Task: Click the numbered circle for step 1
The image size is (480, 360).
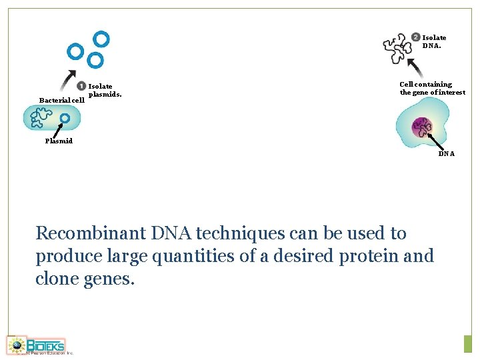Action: coord(81,86)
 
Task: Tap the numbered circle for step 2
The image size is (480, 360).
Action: coord(416,37)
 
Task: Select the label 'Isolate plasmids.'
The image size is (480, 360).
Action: coord(105,91)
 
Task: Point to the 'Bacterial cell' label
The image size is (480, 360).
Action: coord(62,100)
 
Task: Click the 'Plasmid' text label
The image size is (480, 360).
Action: coord(59,141)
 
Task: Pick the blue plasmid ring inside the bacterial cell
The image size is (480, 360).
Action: coord(65,118)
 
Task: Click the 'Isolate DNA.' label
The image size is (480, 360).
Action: coord(434,42)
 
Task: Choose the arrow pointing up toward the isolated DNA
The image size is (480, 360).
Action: coord(414,67)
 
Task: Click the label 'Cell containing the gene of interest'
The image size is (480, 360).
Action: coord(432,89)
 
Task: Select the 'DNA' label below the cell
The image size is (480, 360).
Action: coord(446,154)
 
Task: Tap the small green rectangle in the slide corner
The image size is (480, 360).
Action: coord(467,343)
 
